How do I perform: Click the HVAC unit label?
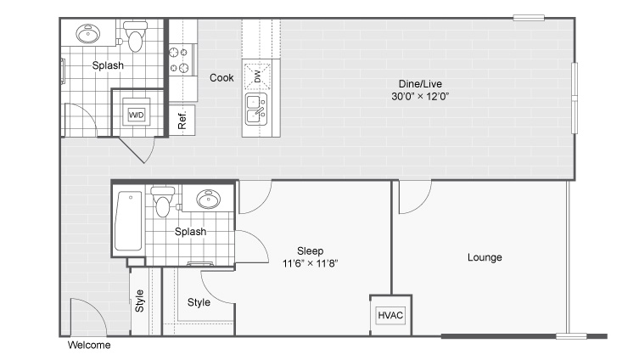[x=390, y=315]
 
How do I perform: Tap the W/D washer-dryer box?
[x=136, y=115]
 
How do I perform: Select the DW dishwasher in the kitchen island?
[x=257, y=76]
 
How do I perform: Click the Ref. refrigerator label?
[x=182, y=120]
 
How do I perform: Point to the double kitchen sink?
[x=256, y=110]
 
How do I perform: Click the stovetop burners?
[x=179, y=60]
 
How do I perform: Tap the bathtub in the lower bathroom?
[x=128, y=221]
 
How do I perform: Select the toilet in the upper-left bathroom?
[x=136, y=36]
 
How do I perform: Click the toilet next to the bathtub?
[x=163, y=202]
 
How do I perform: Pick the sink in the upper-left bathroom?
[x=87, y=34]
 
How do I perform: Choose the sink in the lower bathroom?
[x=208, y=199]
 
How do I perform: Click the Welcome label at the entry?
[x=89, y=346]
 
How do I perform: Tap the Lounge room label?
[x=485, y=257]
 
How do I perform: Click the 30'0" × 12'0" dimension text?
[x=420, y=96]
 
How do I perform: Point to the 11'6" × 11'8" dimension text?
[x=310, y=263]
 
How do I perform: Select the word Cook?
[x=221, y=77]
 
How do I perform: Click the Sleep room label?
[x=310, y=250]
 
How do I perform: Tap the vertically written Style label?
[x=139, y=301]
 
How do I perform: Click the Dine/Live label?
[x=420, y=84]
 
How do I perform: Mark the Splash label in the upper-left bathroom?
[x=108, y=65]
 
